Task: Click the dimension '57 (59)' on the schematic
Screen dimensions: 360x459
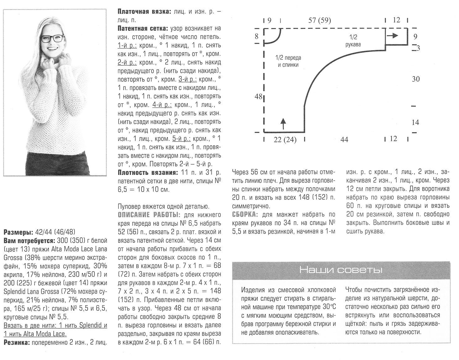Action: click(x=320, y=21)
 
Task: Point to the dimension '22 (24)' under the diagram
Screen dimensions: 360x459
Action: click(x=285, y=140)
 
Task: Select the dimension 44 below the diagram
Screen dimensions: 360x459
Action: click(x=344, y=140)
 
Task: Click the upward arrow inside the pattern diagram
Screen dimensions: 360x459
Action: click(x=283, y=124)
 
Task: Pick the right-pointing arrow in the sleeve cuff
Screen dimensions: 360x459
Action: click(x=393, y=35)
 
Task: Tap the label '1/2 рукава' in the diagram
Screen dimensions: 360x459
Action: click(x=353, y=40)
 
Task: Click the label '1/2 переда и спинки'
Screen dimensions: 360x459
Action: click(x=288, y=61)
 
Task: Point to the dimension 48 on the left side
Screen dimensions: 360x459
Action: click(x=258, y=97)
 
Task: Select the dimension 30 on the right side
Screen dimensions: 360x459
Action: click(x=415, y=79)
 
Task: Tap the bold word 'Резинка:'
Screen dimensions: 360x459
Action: click(x=17, y=342)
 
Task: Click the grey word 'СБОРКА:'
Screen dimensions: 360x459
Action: click(x=245, y=215)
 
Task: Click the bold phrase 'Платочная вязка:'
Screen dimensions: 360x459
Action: click(x=144, y=12)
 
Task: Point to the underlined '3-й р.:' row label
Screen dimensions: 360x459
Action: click(x=188, y=79)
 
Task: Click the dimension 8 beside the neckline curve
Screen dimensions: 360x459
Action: click(x=257, y=36)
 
